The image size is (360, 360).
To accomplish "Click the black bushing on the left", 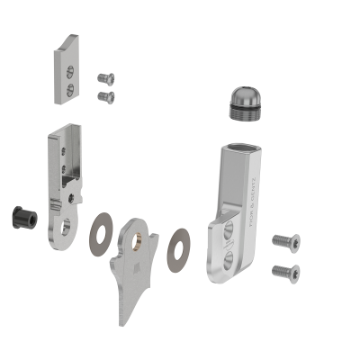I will [19, 217].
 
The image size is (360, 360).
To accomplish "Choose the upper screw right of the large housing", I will [284, 241].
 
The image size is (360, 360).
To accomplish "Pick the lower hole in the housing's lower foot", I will [229, 262].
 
